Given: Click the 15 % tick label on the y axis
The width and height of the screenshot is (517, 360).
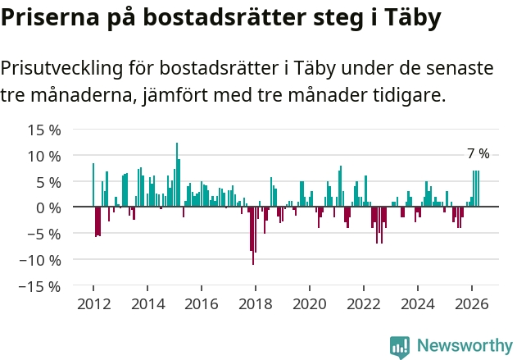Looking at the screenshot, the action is [44, 130].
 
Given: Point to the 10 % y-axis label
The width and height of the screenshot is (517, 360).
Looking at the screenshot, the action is [44, 156].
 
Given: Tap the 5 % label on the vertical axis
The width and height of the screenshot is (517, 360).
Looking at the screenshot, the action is [48, 182].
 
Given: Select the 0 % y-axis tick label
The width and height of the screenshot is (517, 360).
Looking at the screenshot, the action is [48, 208].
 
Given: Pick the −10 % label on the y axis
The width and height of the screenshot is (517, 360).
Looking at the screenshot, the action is [40, 260].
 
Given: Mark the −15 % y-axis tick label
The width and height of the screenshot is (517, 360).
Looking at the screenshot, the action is [40, 286].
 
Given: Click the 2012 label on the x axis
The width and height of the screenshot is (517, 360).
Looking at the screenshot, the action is [94, 304].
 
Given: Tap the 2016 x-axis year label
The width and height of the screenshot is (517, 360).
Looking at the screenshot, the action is [202, 304].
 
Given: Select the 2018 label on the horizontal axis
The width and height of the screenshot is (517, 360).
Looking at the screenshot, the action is [256, 304].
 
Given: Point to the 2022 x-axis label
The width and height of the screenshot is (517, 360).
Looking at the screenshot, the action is [364, 304].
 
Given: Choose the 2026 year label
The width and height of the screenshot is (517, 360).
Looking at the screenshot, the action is [472, 304].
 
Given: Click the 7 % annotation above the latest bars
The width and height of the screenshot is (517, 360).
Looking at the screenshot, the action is [478, 154].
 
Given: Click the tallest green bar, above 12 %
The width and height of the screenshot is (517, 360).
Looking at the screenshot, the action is [177, 175].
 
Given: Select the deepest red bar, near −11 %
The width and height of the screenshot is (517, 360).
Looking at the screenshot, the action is [253, 235].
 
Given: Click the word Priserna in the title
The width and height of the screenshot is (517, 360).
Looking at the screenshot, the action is [50, 17].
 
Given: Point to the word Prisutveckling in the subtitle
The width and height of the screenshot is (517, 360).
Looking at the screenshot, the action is [61, 69].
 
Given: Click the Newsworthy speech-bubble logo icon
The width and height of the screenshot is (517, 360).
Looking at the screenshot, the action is [400, 348].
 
